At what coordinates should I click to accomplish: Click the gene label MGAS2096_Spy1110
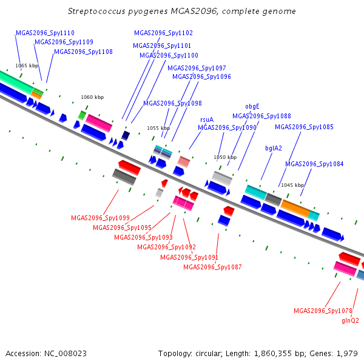pyautogui.click(x=45, y=33)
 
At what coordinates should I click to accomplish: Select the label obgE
pyautogui.click(x=252, y=107)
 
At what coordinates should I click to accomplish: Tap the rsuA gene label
pyautogui.click(x=207, y=120)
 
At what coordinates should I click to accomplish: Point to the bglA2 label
pyautogui.click(x=274, y=148)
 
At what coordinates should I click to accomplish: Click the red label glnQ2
pyautogui.click(x=350, y=320)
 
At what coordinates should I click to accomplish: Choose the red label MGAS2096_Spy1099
pyautogui.click(x=100, y=218)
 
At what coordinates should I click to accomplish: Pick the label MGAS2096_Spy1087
pyautogui.click(x=212, y=267)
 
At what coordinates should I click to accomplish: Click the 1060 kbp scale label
pyautogui.click(x=92, y=97)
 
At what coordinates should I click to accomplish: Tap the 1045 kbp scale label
pyautogui.click(x=292, y=185)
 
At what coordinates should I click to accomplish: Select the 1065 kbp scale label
pyautogui.click(x=27, y=66)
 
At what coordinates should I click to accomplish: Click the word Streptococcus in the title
pyautogui.click(x=96, y=12)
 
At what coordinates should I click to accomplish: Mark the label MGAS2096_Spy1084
pyautogui.click(x=314, y=164)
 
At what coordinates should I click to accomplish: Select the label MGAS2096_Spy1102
pyautogui.click(x=163, y=33)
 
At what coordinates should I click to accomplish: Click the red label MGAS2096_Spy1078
pyautogui.click(x=323, y=311)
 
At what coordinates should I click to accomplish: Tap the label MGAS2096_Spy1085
pyautogui.click(x=304, y=127)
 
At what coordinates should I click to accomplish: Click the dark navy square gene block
pyautogui.click(x=126, y=135)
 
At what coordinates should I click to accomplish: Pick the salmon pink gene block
pyautogui.click(x=184, y=161)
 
